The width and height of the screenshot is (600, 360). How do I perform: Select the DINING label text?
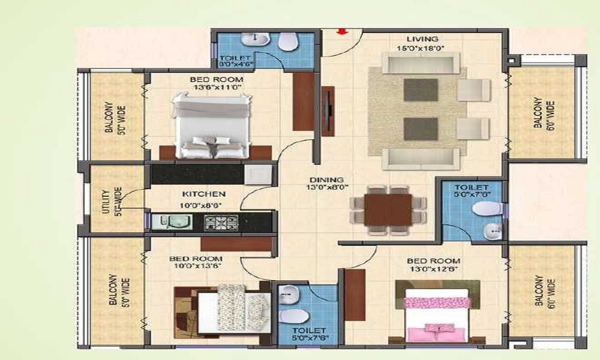[x=326, y=180]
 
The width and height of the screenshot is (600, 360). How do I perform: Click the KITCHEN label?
[x=204, y=194]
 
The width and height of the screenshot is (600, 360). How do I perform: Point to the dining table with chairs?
[x=388, y=209]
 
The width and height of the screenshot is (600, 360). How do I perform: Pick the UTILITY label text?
[x=106, y=201]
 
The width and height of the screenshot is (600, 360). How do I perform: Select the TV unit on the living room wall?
[x=328, y=111]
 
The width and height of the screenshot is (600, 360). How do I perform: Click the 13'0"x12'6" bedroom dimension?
[x=434, y=270]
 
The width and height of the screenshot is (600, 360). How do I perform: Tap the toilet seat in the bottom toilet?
[x=291, y=316]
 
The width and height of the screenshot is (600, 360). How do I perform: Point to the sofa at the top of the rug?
[x=421, y=62]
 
